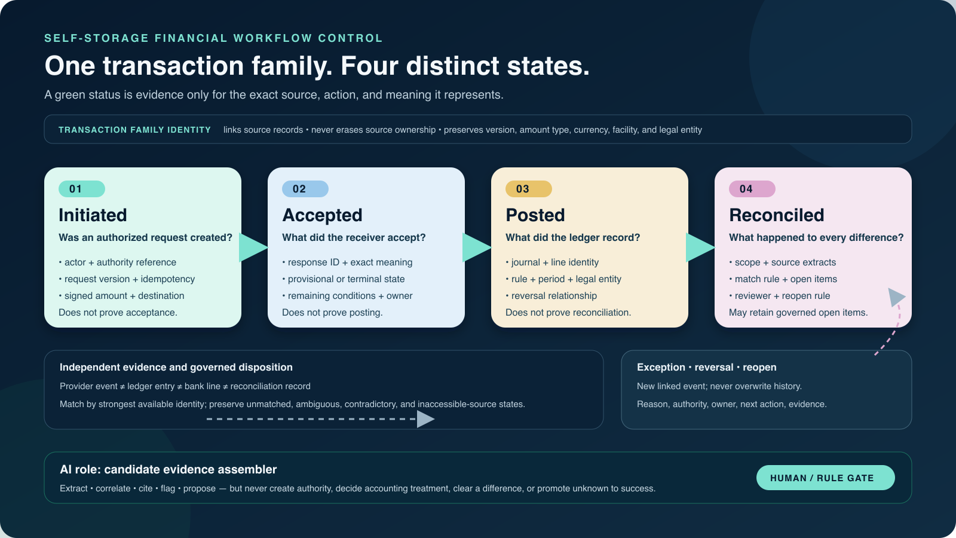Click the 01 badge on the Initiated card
(81, 189)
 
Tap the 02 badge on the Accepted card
(305, 189)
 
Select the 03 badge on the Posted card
(529, 189)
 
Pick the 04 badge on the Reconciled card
(752, 189)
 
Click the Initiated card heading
(93, 215)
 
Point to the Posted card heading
(535, 215)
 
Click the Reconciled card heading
(776, 215)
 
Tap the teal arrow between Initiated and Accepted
(253, 247)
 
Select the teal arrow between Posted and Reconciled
(700, 247)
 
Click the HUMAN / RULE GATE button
(825, 478)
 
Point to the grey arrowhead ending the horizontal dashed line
(425, 419)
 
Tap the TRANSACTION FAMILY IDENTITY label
(135, 130)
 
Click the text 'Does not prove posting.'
(332, 313)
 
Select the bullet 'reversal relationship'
(551, 296)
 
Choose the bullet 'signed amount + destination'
(122, 296)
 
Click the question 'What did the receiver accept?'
(354, 237)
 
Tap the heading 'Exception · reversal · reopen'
(706, 367)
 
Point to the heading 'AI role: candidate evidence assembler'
(168, 470)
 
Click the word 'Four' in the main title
(369, 66)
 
